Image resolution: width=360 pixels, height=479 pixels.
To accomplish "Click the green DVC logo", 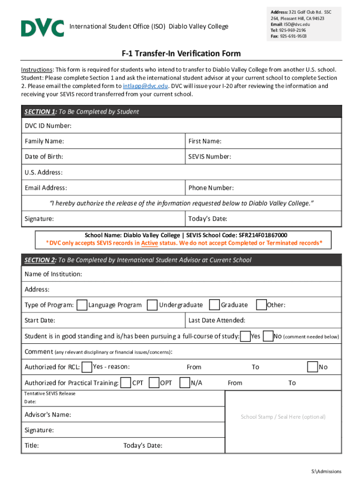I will pos(42,28).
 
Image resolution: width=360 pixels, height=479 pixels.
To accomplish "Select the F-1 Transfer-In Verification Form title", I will pos(181,54).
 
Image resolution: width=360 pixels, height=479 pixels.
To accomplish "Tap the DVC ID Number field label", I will pos(48,126).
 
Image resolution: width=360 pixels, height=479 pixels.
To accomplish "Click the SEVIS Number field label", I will pos(209,157).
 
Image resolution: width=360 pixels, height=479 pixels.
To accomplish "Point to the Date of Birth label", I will pos(44,157).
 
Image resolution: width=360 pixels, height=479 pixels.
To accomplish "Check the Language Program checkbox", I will pos(82,305).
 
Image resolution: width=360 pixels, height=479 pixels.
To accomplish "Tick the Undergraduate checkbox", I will pos(152,305).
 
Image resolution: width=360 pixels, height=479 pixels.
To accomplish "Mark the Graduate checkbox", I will pos(215,305).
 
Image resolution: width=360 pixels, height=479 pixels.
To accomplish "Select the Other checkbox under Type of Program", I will pos(261,305).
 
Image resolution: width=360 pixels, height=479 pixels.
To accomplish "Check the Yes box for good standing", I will pos(245,336).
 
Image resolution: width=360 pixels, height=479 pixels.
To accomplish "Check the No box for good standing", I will pos(268,336).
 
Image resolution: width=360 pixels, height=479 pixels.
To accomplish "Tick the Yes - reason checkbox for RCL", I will pos(86,367).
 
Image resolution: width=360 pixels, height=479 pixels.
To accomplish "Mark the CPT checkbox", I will pos(126,383).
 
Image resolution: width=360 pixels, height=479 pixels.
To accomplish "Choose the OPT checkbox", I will pos(154,383).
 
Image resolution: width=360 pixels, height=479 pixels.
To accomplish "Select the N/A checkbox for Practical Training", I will pos(185,383).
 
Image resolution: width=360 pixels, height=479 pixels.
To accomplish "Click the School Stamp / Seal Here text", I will pos(283,417).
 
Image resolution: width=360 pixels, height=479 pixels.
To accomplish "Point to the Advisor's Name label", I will pos(48,415).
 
